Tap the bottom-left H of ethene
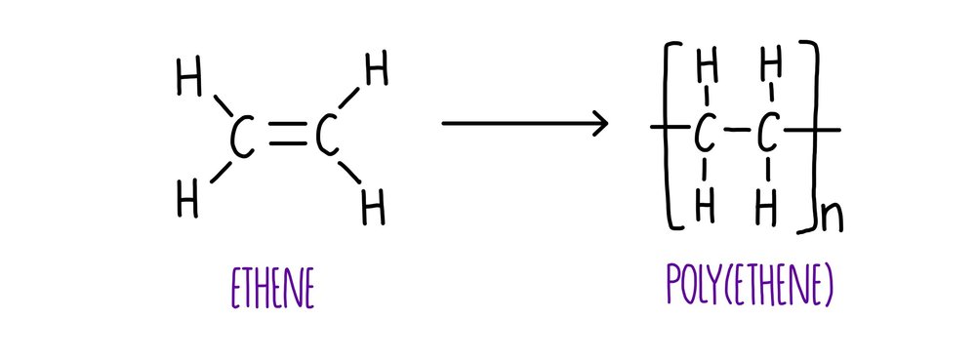188,200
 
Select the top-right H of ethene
376,71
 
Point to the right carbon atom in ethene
327,140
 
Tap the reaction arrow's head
597,124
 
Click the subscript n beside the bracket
832,217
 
